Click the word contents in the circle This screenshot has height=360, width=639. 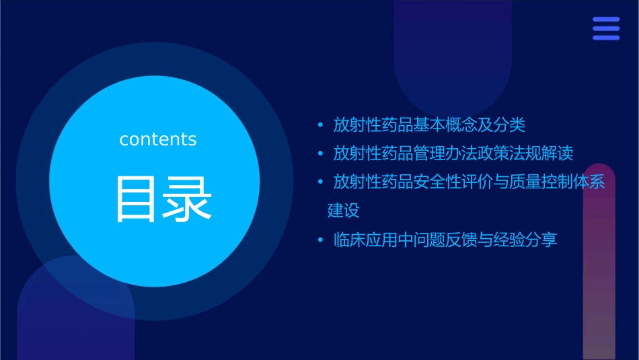pyautogui.click(x=158, y=139)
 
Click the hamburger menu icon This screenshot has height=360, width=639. pyautogui.click(x=606, y=28)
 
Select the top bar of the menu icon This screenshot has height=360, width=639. pyautogui.click(x=606, y=20)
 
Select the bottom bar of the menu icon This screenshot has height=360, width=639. pyautogui.click(x=606, y=38)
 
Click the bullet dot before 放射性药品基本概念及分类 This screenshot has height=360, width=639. pyautogui.click(x=321, y=125)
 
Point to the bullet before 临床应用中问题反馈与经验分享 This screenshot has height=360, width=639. pyautogui.click(x=321, y=240)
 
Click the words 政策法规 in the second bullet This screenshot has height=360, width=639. pyautogui.click(x=510, y=153)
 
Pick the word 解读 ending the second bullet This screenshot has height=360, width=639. pyautogui.click(x=558, y=153)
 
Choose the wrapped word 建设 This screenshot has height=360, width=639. pyautogui.click(x=344, y=211)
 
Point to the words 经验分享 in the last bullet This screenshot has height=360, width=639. pyautogui.click(x=525, y=240)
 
